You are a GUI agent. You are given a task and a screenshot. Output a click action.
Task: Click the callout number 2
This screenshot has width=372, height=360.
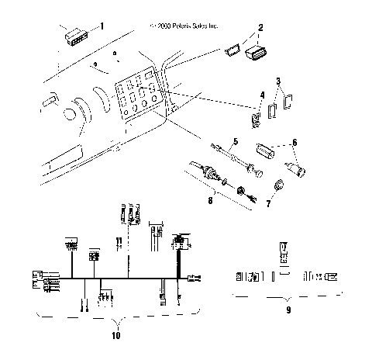pyautogui.click(x=260, y=27)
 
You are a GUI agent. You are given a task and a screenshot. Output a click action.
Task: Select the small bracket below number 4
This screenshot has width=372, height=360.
pyautogui.click(x=256, y=119)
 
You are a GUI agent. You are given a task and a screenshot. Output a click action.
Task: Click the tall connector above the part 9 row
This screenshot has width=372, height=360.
pyautogui.click(x=282, y=254)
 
